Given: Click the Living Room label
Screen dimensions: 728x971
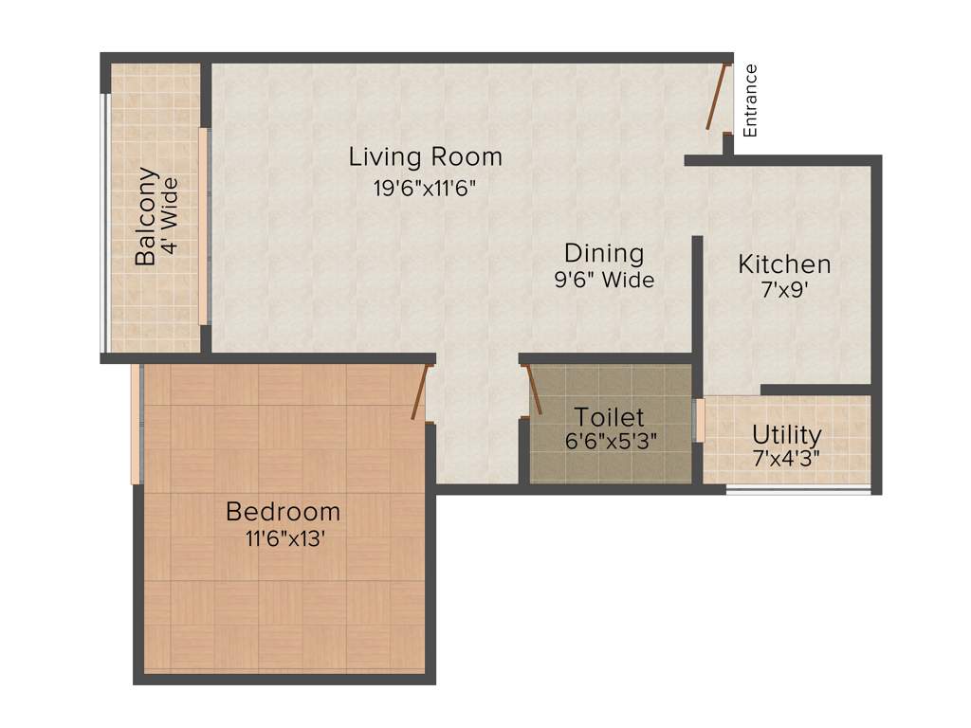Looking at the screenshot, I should pyautogui.click(x=425, y=155).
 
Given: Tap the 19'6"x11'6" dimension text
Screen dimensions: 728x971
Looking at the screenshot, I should pyautogui.click(x=424, y=187).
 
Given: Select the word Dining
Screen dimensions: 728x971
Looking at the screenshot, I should pyautogui.click(x=604, y=253).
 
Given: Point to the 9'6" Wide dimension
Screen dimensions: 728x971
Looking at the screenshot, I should pyautogui.click(x=604, y=281).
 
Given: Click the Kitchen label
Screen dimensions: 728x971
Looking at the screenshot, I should pyautogui.click(x=784, y=264).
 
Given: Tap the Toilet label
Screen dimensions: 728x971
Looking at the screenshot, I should pyautogui.click(x=610, y=417).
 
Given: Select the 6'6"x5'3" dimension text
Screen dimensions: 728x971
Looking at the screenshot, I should pyautogui.click(x=611, y=442).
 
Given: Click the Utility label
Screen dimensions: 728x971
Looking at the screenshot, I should pyautogui.click(x=786, y=435).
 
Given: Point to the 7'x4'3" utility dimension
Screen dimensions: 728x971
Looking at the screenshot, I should pyautogui.click(x=786, y=460).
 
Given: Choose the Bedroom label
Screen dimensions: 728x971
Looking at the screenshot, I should pyautogui.click(x=283, y=512).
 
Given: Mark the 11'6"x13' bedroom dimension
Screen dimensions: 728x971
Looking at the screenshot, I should pyautogui.click(x=283, y=539).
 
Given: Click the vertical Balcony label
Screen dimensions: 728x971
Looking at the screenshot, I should pyautogui.click(x=146, y=216).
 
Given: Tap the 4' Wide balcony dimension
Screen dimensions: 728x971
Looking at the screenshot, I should pyautogui.click(x=169, y=216).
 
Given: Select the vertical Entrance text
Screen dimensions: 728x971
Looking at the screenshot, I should pyautogui.click(x=750, y=100).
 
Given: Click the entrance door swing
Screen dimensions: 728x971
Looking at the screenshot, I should pyautogui.click(x=718, y=96).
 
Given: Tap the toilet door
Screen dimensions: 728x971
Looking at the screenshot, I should pyautogui.click(x=533, y=391).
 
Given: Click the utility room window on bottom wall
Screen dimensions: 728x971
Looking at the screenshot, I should pyautogui.click(x=797, y=489).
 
